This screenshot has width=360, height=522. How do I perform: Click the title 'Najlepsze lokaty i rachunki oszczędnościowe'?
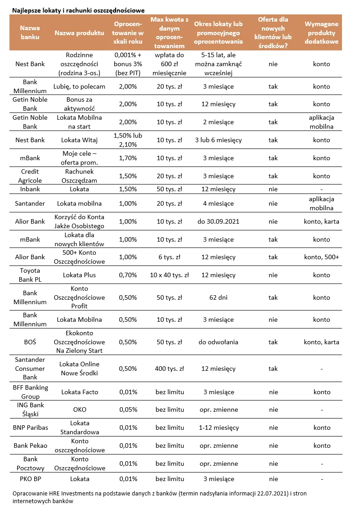coord(79,9)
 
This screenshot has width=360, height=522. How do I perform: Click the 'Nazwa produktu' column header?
coord(79,33)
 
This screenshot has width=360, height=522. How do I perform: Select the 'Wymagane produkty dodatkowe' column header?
coord(321,33)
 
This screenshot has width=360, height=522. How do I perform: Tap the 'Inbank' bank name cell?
coord(30,189)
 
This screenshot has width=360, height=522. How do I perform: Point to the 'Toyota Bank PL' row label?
coord(30,275)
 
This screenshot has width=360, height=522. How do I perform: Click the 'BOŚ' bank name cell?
coord(30,342)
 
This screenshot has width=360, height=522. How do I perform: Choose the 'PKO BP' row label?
coord(30,479)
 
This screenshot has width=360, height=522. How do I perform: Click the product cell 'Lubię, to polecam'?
coord(79,86)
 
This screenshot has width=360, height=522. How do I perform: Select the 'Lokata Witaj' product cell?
coord(79,140)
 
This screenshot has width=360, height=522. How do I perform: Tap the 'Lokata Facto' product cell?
coord(79,392)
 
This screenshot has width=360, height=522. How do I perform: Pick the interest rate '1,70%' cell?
coord(128,158)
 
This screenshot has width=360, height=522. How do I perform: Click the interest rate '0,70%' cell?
coord(128,275)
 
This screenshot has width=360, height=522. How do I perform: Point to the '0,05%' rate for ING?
coord(128,409)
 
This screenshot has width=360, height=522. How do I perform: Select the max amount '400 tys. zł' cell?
coord(170,369)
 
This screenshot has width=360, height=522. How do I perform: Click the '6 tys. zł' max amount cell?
coord(170,257)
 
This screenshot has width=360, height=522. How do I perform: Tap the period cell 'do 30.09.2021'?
coord(218,221)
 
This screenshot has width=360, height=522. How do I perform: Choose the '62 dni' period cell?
coord(218,297)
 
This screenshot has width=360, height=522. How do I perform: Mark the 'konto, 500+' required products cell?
coord(321,257)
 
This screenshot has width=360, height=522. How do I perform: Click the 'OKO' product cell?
coord(79,409)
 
